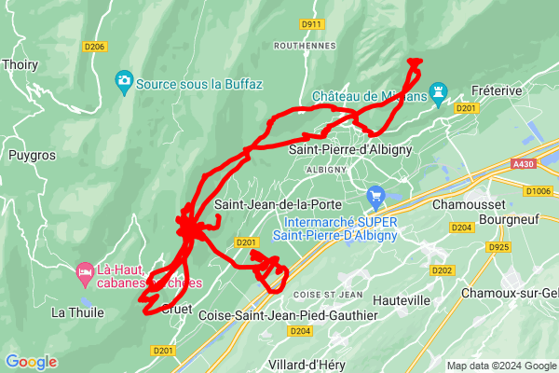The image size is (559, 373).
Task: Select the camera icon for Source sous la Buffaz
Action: tap(123, 82)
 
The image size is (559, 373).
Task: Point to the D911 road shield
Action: tap(311, 23)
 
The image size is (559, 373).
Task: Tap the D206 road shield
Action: tap(94, 46)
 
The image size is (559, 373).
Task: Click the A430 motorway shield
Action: tap(524, 163)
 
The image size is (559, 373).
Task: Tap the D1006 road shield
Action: tap(538, 191)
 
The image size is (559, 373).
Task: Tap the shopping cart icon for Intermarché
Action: tap(376, 196)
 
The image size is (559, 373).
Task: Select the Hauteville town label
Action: tap(401, 300)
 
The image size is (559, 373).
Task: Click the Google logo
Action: tap(31, 362)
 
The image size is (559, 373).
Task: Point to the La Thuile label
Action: tap(77, 312)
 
